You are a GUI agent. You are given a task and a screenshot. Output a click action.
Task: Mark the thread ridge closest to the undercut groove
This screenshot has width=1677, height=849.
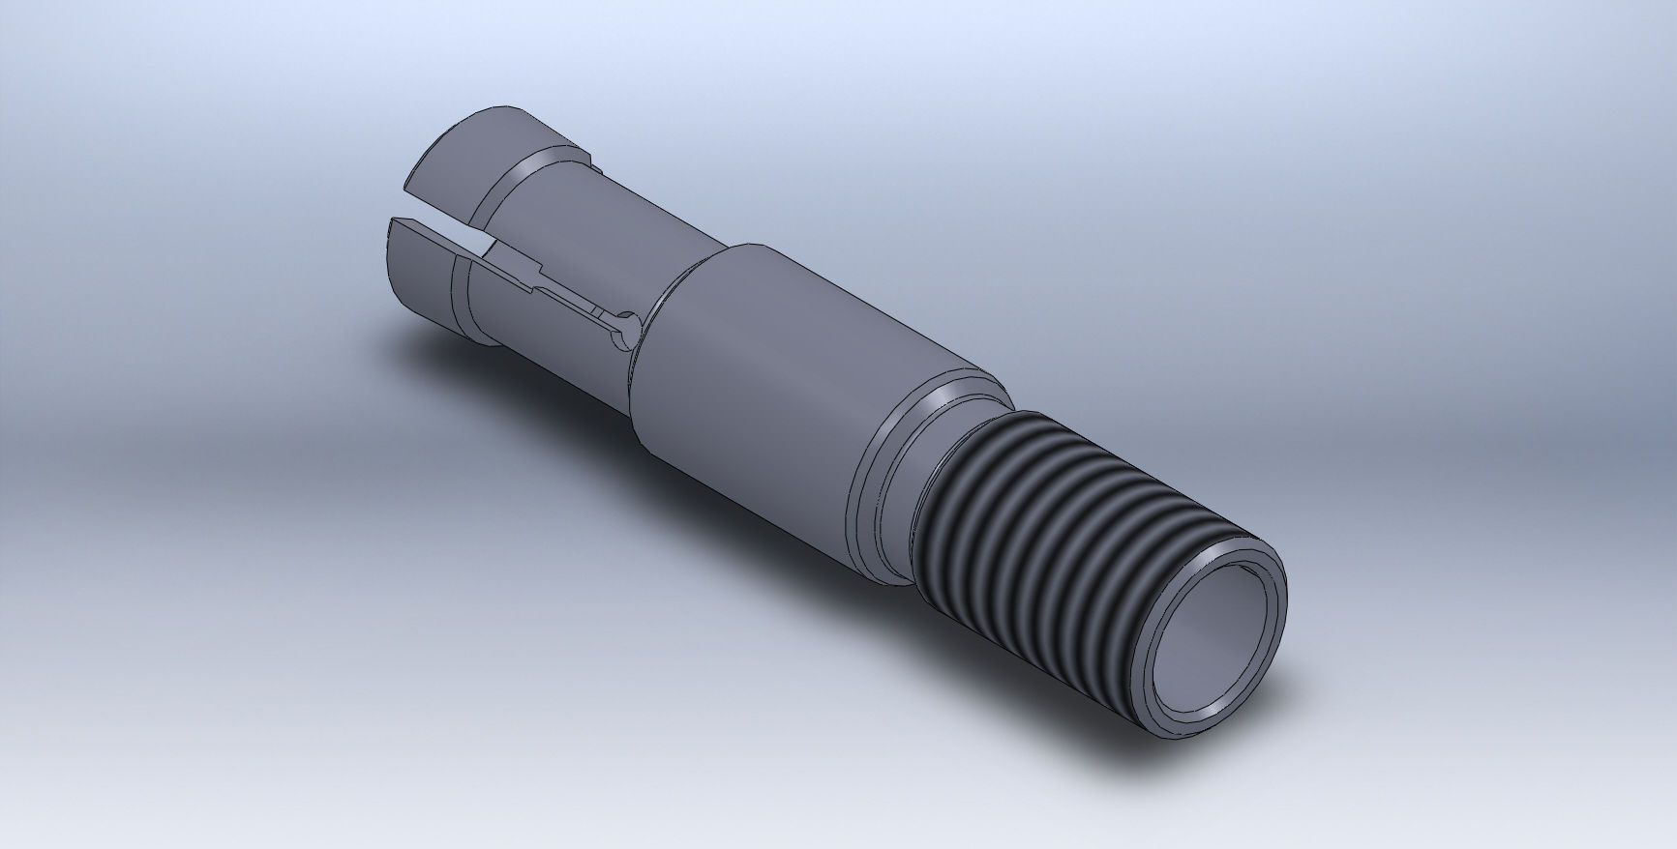pyautogui.click(x=953, y=483)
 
